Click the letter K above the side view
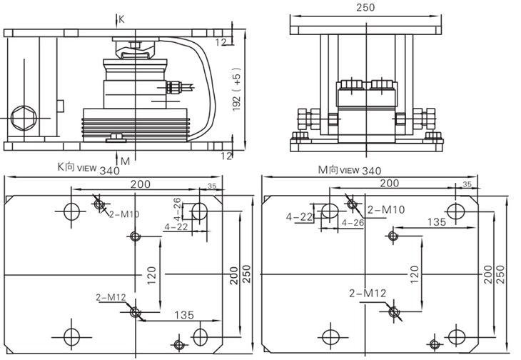[122, 19]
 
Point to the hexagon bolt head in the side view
[22, 114]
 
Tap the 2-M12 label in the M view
[368, 293]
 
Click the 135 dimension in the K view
[183, 314]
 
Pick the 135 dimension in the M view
[437, 222]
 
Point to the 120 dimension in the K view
[152, 274]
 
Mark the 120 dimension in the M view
[414, 272]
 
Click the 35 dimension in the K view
[212, 186]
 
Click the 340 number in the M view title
[372, 171]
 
